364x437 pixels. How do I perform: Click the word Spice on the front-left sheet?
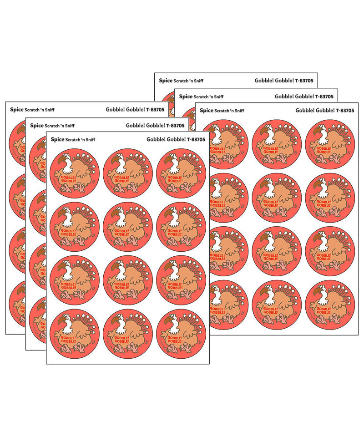coord(57,139)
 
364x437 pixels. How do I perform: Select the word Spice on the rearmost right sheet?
coord(166,81)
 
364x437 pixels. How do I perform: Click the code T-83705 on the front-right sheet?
coord(341,110)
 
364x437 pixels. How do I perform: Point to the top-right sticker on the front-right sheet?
coord(330,144)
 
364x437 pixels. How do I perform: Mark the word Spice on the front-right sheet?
coord(206,110)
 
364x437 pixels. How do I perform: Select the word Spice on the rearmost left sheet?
coord(16,110)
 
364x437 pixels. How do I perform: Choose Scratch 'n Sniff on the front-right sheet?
coord(229,111)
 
